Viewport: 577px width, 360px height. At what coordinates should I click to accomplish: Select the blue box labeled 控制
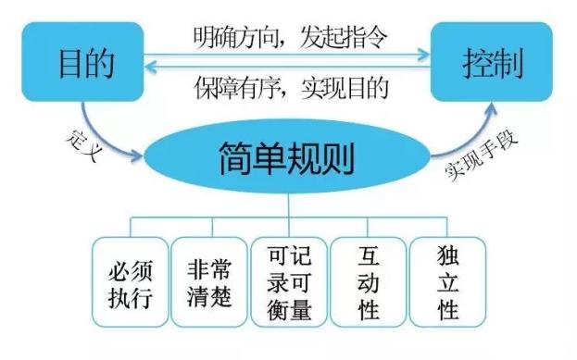[x=492, y=62]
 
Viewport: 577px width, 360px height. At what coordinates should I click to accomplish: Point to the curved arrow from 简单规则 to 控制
[x=463, y=134]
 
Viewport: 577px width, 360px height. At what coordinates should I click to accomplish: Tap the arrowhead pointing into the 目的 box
[x=146, y=67]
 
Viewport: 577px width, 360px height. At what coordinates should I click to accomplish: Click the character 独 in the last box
[x=447, y=254]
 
